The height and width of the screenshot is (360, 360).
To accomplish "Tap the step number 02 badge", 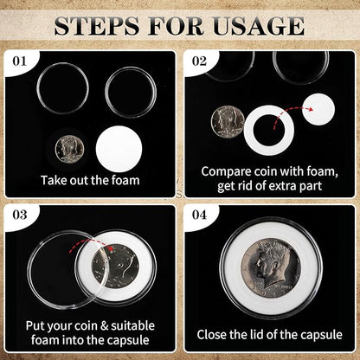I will point(201,61).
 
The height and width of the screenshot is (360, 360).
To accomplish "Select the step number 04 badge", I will point(201,213).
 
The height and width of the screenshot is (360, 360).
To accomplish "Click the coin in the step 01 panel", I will point(68,147).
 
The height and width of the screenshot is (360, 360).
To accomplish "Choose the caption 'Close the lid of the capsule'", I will point(269,333).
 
